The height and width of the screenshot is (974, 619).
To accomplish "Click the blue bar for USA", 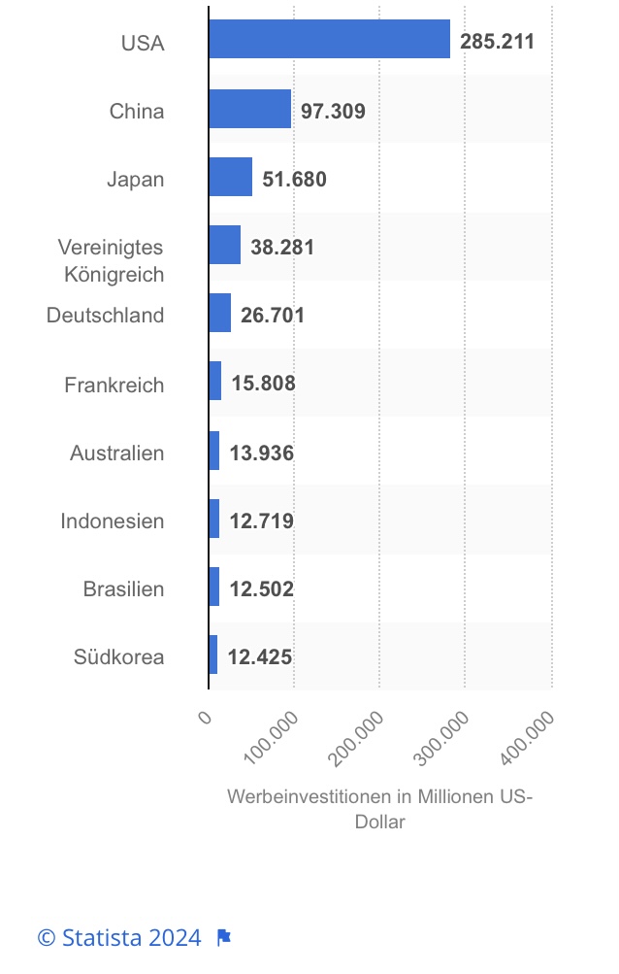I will (329, 40).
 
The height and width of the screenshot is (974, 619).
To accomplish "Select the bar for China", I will (250, 110).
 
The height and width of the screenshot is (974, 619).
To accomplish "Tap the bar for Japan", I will (231, 178).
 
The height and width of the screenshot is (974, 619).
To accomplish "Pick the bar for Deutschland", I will (220, 314).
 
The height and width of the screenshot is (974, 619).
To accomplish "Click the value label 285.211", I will (497, 42).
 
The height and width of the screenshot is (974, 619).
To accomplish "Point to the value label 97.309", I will (333, 111).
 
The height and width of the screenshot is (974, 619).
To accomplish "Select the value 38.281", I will (282, 247).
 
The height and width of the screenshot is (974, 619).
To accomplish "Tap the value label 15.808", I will (263, 384).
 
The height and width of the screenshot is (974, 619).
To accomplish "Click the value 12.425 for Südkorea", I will (260, 656).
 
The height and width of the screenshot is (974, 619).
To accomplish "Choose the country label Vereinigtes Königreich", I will (111, 260).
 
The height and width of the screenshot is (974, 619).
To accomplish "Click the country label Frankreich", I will (114, 385).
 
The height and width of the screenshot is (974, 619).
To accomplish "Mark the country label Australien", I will (117, 453).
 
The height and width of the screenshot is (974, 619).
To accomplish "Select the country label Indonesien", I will (113, 521).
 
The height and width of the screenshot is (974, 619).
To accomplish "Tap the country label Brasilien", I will (123, 588).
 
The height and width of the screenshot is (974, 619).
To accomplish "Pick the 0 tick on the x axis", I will (205, 718).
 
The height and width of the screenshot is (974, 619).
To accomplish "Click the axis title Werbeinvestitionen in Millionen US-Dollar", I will (379, 808).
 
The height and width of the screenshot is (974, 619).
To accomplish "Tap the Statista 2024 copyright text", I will (119, 937).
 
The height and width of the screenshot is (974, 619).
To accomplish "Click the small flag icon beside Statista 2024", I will (223, 937).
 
